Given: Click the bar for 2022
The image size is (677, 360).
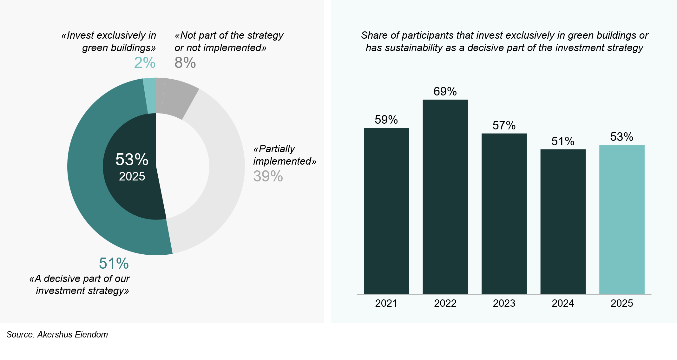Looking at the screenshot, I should [445, 197].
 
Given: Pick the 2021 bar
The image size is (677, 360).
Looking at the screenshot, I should [386, 211].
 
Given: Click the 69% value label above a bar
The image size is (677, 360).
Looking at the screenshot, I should [445, 92].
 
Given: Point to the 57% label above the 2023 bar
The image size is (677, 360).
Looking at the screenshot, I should [504, 125].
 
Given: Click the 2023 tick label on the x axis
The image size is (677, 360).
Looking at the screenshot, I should [504, 303].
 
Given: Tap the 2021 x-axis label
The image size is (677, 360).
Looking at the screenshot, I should [386, 303].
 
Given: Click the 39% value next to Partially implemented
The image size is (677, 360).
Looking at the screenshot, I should [268, 176].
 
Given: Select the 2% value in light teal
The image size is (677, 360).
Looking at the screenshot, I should [145, 62].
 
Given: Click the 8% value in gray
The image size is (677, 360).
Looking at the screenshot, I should [185, 62].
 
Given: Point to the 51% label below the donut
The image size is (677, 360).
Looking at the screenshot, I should [114, 263].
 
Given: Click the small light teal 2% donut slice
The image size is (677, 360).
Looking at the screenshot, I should [150, 95].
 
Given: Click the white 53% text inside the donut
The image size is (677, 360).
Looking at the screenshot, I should [132, 159].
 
